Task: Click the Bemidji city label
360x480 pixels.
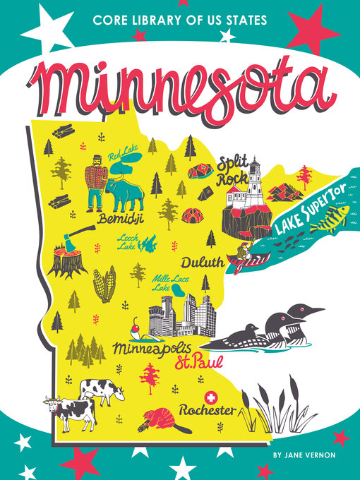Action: [121, 218]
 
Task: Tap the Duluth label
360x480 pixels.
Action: [202, 263]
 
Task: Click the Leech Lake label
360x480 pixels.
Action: [127, 242]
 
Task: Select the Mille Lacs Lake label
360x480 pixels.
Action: [167, 283]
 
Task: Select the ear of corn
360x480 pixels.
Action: [104, 284]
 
